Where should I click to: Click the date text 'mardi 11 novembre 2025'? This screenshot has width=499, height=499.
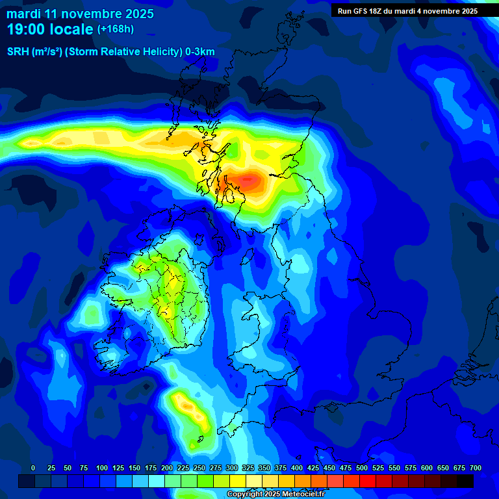click(x=81, y=14)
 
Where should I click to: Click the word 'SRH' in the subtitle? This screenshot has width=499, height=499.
click(x=19, y=52)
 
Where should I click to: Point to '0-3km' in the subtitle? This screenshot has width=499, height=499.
click(x=200, y=52)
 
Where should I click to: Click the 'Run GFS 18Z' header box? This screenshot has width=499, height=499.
click(x=408, y=11)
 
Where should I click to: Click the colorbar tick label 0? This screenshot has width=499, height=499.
click(x=33, y=468)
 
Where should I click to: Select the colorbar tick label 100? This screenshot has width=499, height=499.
click(x=102, y=468)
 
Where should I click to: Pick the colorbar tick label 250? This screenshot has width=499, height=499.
click(x=199, y=468)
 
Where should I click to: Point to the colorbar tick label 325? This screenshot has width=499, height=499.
click(x=248, y=468)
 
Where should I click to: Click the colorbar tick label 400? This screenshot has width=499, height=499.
click(x=297, y=468)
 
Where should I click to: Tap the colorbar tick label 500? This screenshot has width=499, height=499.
click(x=362, y=468)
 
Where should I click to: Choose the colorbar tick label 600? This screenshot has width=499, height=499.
click(x=427, y=468)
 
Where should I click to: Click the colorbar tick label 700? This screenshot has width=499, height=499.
click(x=476, y=468)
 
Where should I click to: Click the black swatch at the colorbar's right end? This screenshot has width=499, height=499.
click(x=465, y=481)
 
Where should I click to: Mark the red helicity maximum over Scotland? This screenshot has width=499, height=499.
click(x=248, y=180)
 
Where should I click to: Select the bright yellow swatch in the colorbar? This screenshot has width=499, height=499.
click(x=238, y=481)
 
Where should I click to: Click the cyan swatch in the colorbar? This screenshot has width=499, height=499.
click(x=157, y=481)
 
